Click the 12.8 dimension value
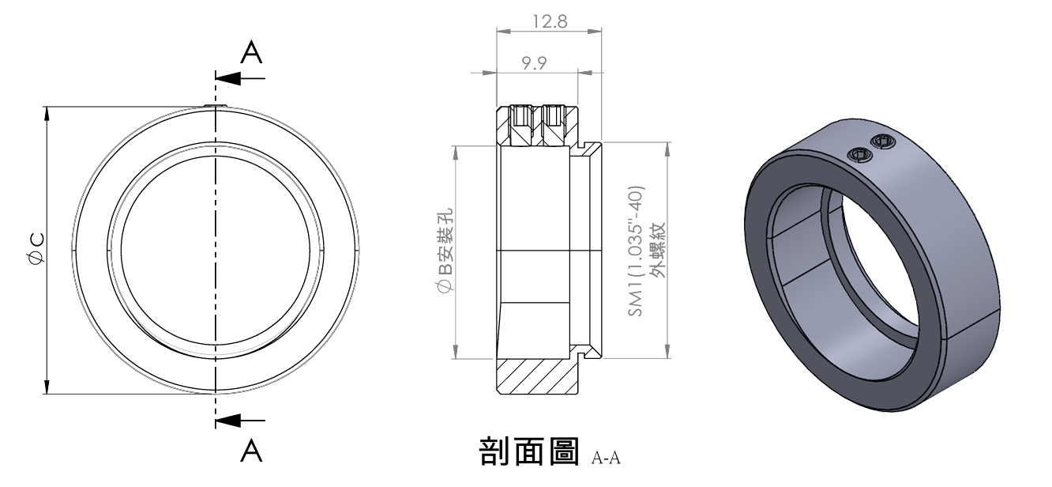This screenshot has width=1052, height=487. [550, 21]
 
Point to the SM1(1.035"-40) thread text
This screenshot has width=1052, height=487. [637, 251]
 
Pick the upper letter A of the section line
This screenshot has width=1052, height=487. [251, 53]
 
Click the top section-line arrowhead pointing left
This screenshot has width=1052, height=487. [225, 78]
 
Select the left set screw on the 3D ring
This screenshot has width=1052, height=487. [860, 154]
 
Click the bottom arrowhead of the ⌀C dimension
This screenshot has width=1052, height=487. [47, 387]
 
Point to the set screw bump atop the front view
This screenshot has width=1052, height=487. [215, 105]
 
